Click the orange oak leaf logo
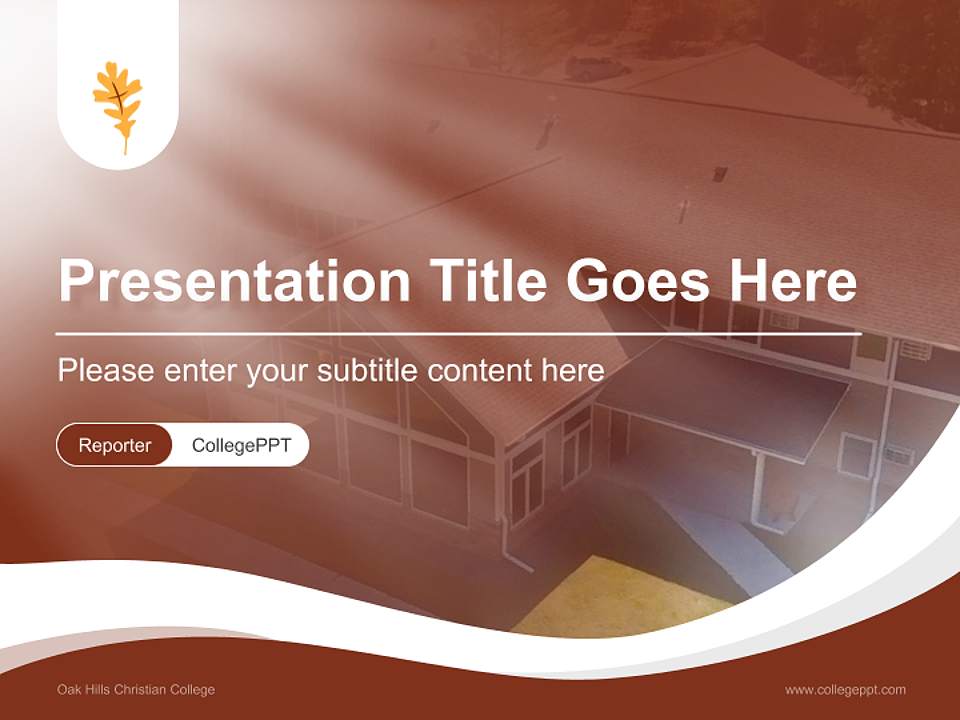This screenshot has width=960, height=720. click(x=118, y=106)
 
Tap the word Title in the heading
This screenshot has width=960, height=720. click(x=488, y=281)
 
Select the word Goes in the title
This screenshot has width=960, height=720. click(x=644, y=281)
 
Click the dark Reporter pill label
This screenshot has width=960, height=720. click(x=115, y=445)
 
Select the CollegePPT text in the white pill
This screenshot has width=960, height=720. click(x=241, y=445)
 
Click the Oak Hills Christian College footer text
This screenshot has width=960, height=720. click(x=136, y=689)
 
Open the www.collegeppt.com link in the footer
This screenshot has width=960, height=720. click(x=845, y=689)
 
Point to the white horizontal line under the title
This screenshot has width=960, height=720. click(x=458, y=333)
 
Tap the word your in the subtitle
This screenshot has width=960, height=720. click(x=277, y=372)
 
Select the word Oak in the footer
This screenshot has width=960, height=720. click(x=68, y=689)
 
